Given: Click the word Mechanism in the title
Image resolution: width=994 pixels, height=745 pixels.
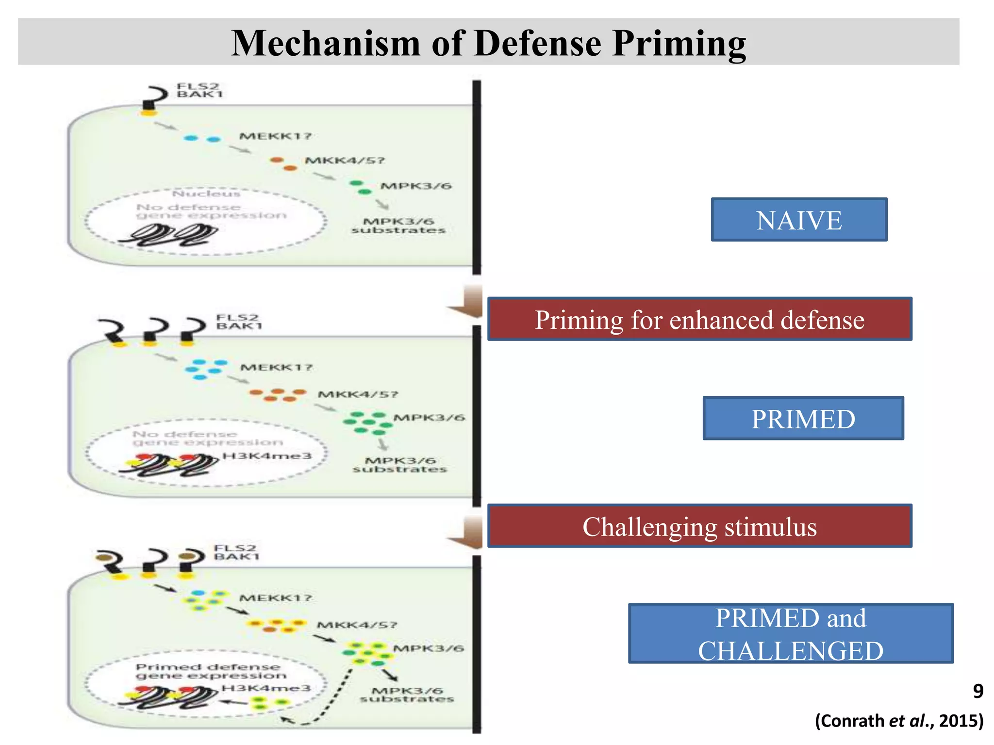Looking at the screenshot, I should coord(325,43).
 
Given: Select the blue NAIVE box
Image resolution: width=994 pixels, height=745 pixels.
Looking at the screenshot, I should coord(799,220).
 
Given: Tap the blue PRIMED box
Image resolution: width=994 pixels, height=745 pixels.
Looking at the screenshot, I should coord(803,419).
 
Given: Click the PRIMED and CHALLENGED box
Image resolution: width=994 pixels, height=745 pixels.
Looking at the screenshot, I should coord(791,633).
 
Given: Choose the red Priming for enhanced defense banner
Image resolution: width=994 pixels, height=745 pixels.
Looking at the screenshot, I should coord(699,319).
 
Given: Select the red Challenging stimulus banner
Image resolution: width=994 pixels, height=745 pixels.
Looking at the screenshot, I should coord(699,526).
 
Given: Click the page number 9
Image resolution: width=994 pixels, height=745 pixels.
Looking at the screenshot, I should coord(978,691).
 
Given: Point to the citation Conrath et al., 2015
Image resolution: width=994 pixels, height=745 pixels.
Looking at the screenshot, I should coord(899,721).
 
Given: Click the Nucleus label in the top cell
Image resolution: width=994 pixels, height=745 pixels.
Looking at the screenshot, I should coord(206,194).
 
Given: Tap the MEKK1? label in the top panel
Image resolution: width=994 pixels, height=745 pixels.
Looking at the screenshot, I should coord(275,136).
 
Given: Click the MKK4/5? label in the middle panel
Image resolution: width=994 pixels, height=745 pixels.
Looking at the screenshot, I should coord(358,394).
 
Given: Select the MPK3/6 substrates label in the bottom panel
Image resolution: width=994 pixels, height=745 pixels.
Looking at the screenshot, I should coord(407,695).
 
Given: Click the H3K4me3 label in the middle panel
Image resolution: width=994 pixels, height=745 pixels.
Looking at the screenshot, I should coord(266,456).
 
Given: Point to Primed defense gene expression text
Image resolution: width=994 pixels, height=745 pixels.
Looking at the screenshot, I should coord(211,671).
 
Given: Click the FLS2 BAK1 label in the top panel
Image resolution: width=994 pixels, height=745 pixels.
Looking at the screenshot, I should coord(199,90).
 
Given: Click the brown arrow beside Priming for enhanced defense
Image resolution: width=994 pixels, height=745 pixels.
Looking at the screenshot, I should coord(467,302).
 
